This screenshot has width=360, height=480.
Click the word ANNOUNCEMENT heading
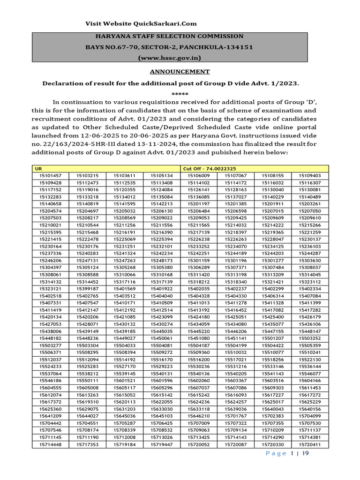(x=180, y=72)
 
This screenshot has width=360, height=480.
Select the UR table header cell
(x=37, y=168)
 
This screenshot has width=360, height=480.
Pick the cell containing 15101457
(x=51, y=175)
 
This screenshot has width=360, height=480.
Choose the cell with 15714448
(x=51, y=444)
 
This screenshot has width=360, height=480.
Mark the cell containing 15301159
(x=199, y=247)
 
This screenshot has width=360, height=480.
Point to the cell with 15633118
(x=199, y=408)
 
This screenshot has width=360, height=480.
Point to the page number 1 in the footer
(x=292, y=453)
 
